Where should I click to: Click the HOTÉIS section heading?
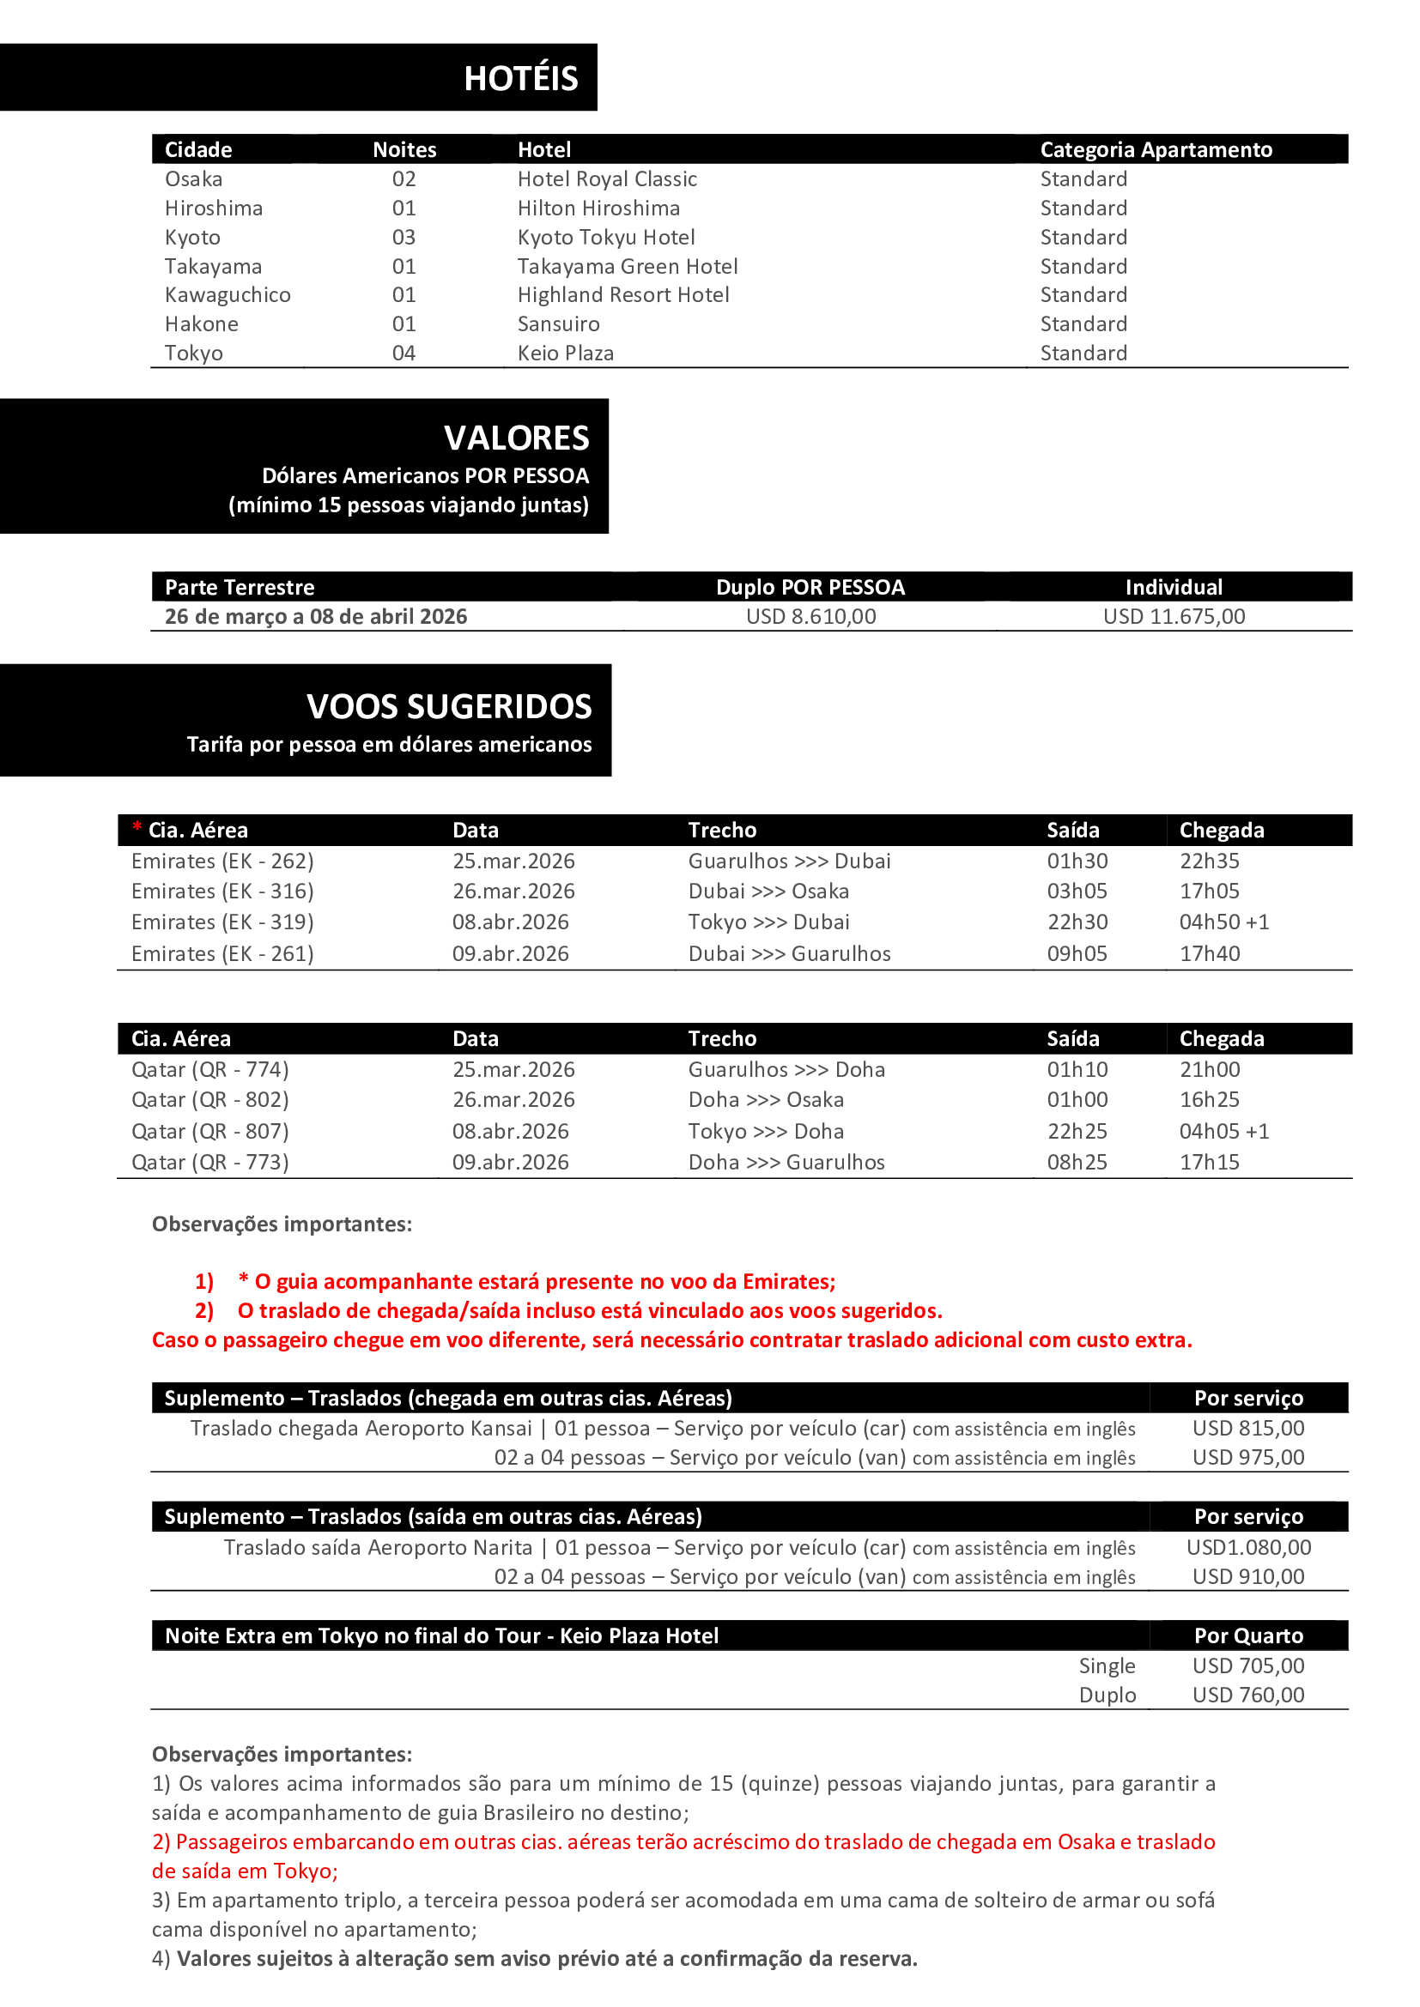coord(520,79)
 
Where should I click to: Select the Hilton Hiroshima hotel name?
coord(598,208)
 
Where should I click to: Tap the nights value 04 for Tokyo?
coord(404,354)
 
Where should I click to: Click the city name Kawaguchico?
coord(228,294)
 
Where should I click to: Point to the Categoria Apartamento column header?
coord(1155,149)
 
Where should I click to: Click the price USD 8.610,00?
coord(810,616)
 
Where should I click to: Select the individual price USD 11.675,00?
coord(1174,616)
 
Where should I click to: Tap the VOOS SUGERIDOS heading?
coord(448,706)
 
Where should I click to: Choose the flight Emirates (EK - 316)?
coord(222,891)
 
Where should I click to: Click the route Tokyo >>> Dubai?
coord(768,922)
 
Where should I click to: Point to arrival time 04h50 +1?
coord(1223,922)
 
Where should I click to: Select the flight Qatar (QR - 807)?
coord(209,1131)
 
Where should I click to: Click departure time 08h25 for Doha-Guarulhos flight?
coord(1077,1162)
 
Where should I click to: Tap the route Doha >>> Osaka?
coord(766,1100)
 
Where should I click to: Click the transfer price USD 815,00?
coord(1247,1429)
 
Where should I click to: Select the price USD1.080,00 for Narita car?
coord(1247,1547)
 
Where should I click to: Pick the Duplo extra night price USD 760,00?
coord(1247,1695)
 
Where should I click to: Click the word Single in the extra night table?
coord(1106,1666)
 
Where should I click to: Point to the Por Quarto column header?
coord(1247,1635)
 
